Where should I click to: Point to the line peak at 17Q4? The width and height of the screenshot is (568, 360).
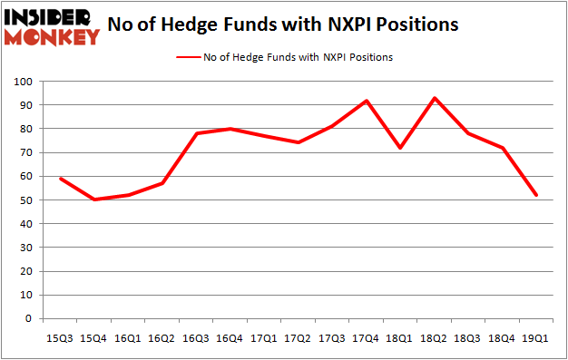[367, 101]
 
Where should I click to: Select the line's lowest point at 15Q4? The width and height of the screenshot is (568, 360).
[93, 199]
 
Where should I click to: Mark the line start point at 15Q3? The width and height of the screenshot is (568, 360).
[60, 179]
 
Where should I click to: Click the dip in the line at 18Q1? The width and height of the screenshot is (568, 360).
[401, 148]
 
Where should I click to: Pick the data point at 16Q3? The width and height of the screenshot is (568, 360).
[197, 133]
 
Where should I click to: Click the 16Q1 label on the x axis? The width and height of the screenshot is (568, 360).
[128, 337]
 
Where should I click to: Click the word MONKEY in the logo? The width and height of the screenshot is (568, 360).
[52, 36]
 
